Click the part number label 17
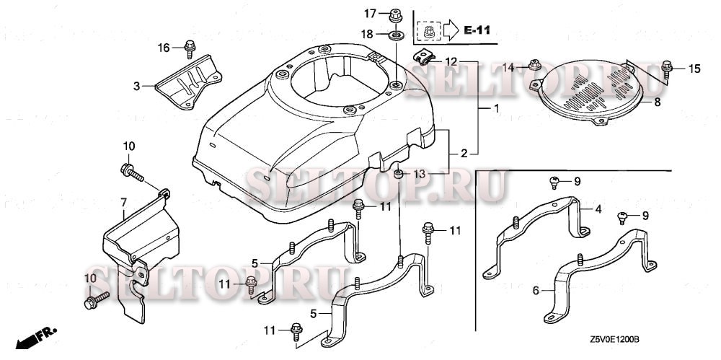click(369, 13)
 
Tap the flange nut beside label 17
click(396, 14)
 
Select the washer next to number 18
click(396, 34)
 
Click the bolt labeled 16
click(190, 48)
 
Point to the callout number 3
click(136, 86)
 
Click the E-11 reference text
click(477, 30)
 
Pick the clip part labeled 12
click(423, 58)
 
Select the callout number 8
click(657, 103)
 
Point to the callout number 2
click(465, 152)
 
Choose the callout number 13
click(420, 174)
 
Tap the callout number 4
click(598, 210)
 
